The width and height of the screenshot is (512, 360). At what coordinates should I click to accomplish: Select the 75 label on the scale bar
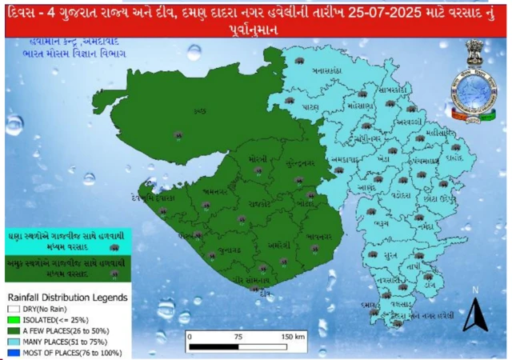click(238, 337)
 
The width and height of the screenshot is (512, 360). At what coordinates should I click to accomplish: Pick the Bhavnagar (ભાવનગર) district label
click(320, 237)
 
